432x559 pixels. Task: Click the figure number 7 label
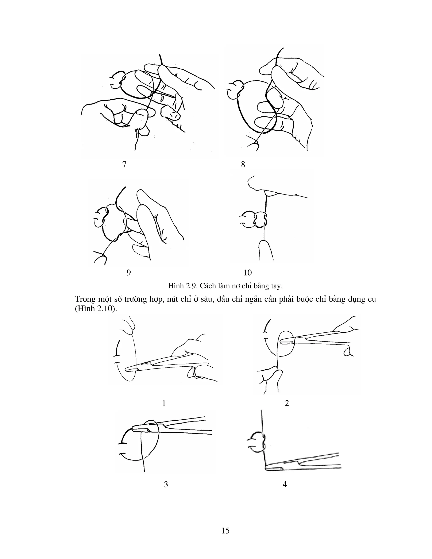124,164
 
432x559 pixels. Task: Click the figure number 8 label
243,164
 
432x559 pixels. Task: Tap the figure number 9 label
129,273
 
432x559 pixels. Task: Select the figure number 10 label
247,273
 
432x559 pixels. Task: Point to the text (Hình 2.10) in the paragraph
96,309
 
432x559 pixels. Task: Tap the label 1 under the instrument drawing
164,403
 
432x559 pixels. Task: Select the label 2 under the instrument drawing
287,403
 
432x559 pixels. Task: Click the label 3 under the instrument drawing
166,484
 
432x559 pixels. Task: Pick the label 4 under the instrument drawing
285,484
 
